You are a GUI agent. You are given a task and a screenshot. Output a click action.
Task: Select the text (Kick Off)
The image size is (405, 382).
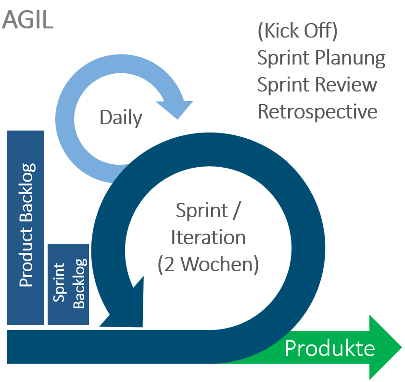[x=297, y=31]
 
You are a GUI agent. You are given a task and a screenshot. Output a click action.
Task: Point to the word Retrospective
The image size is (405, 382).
[x=317, y=112]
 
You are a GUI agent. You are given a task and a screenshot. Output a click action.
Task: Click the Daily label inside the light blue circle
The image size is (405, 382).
[x=121, y=118]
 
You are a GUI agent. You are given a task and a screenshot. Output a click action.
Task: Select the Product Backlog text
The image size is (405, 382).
[x=26, y=225]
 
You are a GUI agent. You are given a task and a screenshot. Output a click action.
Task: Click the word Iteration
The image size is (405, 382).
[x=208, y=237]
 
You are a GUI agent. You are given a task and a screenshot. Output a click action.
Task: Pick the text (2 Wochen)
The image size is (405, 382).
[x=208, y=264]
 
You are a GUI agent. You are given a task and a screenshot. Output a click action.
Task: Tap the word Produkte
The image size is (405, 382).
[x=329, y=348]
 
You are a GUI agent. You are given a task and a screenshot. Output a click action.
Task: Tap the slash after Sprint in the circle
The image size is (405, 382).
[x=235, y=211]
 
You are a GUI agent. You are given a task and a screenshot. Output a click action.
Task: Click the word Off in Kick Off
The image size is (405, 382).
[x=322, y=31]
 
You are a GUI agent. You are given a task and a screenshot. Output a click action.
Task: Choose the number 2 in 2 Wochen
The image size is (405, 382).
[x=169, y=264]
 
